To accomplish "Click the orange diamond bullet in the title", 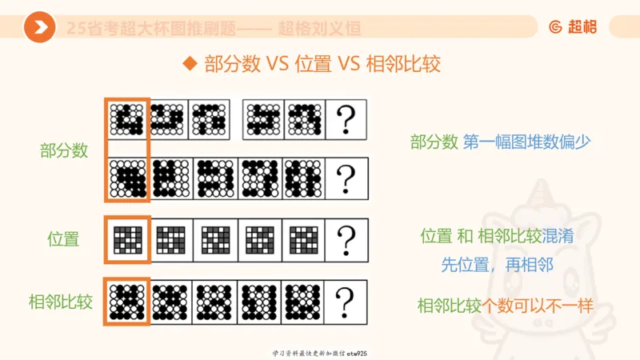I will [190, 63].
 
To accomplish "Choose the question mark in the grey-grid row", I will [346, 238].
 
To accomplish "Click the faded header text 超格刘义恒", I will [319, 29].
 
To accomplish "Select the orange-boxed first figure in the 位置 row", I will [127, 238].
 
